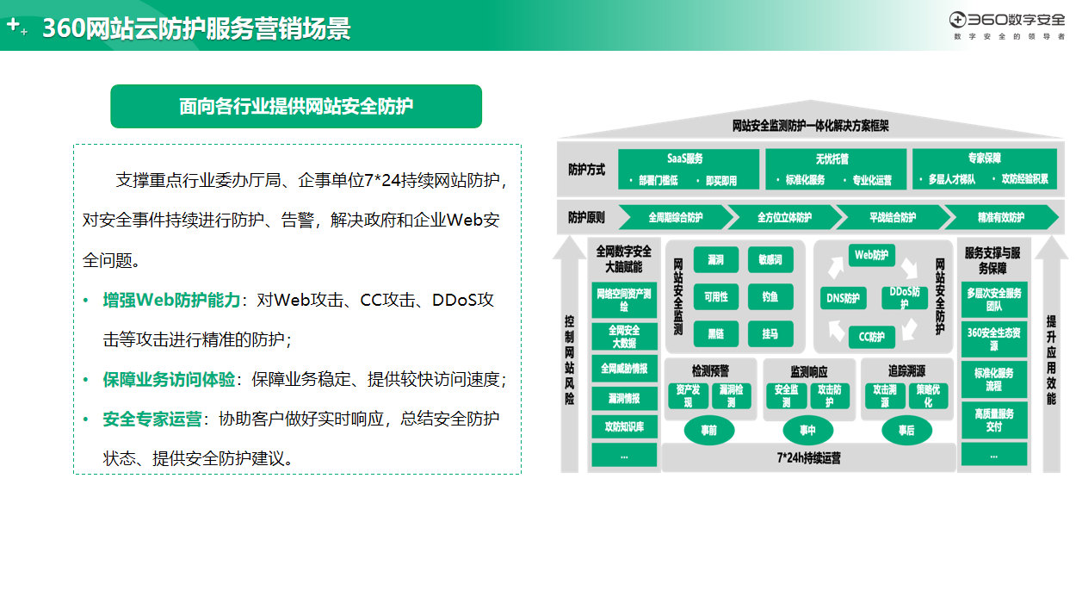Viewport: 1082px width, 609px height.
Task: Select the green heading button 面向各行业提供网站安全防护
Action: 296,106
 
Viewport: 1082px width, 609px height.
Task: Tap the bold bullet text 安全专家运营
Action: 152,419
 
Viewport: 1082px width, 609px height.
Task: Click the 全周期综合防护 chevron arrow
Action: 676,217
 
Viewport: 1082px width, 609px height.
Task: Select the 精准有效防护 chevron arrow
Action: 1001,217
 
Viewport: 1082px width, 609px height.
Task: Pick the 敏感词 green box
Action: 770,260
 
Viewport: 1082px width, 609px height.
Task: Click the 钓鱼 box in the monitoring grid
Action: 770,296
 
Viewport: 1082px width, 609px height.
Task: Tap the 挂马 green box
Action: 770,333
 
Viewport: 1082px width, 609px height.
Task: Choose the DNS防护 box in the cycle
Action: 844,298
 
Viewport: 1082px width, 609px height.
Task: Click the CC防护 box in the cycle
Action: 872,337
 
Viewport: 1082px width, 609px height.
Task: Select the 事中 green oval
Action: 807,430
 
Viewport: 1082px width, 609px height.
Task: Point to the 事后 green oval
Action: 906,430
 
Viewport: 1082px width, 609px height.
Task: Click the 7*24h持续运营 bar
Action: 809,458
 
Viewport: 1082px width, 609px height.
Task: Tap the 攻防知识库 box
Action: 624,426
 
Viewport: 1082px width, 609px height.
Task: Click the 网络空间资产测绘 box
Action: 624,300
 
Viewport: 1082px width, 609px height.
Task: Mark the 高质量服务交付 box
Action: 994,419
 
